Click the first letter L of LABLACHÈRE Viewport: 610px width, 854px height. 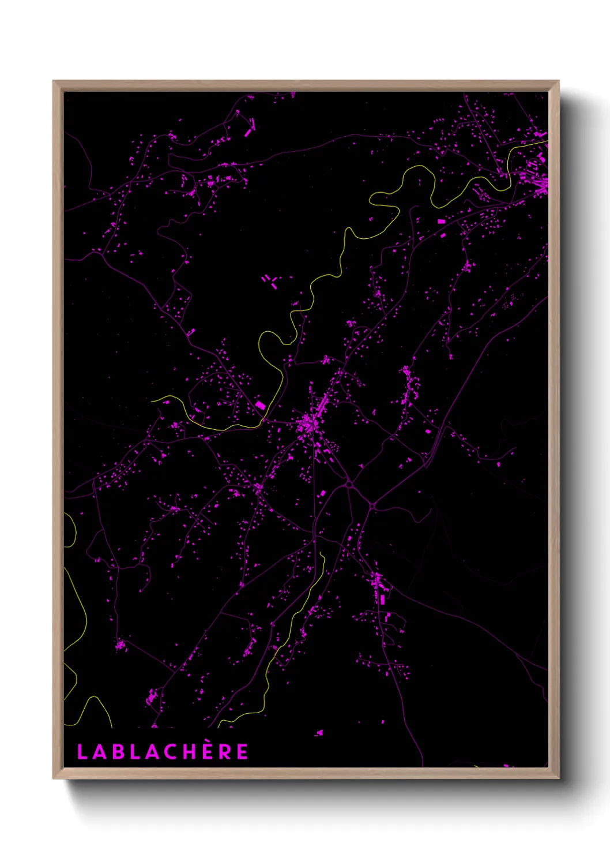[81, 752]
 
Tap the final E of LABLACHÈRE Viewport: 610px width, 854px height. [243, 752]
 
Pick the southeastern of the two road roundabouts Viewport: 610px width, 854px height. [373, 506]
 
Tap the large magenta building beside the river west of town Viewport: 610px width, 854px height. [261, 406]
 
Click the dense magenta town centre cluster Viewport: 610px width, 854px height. [310, 426]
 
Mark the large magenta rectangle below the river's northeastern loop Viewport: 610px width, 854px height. [442, 221]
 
